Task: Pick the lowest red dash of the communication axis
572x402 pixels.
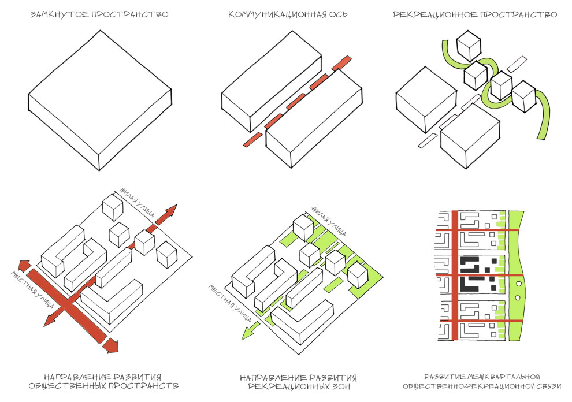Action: (252, 139)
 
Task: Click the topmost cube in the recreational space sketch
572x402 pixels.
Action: (468, 45)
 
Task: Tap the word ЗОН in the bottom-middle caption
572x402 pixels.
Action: (340, 385)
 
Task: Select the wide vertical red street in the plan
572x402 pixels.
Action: (454, 277)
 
